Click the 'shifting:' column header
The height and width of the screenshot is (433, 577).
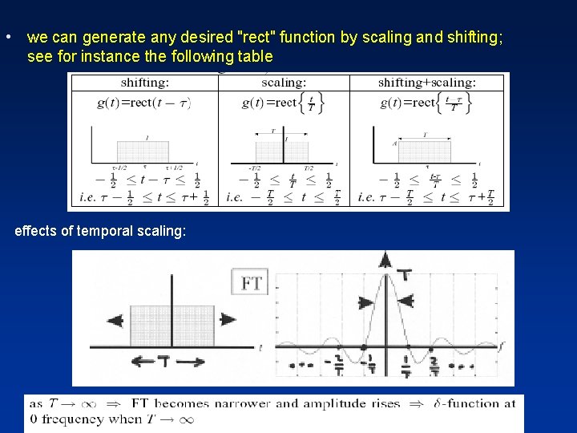pyautogui.click(x=144, y=83)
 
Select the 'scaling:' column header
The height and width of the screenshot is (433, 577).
pyautogui.click(x=283, y=83)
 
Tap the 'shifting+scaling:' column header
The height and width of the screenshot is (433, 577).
pyautogui.click(x=426, y=83)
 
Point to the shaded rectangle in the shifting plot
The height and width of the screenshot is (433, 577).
pyautogui.click(x=143, y=151)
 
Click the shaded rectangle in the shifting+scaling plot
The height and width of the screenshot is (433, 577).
pyautogui.click(x=424, y=151)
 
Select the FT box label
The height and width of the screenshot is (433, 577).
pyautogui.click(x=252, y=282)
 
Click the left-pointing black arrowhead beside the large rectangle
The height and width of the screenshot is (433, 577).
pyautogui.click(x=115, y=320)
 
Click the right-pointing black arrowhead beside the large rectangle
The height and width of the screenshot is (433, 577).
pyautogui.click(x=228, y=319)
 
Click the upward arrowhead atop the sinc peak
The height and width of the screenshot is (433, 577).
pyautogui.click(x=385, y=259)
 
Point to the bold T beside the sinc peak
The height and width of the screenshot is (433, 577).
pyautogui.click(x=407, y=275)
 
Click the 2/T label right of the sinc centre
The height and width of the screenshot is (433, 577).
pyautogui.click(x=434, y=366)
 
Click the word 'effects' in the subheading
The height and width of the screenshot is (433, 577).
pyautogui.click(x=37, y=231)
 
